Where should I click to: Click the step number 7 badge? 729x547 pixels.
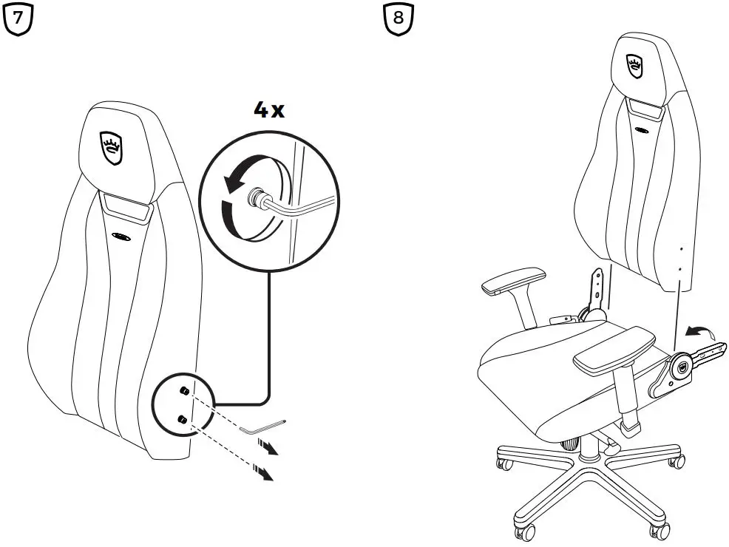coord(18,18)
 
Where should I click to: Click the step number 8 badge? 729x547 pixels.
coord(399,18)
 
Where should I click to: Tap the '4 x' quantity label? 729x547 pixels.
coord(268,110)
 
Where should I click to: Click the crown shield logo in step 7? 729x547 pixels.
coord(111,148)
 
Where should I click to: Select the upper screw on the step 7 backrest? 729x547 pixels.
coord(184,391)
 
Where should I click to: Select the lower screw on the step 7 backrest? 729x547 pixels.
coord(183,420)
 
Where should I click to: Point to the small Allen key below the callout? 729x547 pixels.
coord(262,427)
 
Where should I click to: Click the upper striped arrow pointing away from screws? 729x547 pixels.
coord(268,446)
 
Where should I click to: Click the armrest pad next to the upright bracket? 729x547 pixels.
coord(513,280)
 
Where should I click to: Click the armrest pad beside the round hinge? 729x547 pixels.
coord(614,349)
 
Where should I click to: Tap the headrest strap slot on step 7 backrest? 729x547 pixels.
coord(126,207)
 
